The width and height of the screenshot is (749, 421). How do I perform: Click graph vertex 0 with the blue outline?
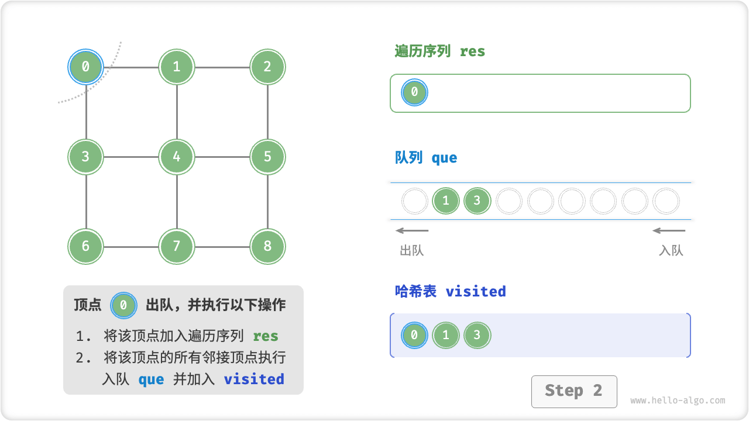pos(85,67)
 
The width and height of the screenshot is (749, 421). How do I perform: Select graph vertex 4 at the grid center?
pos(177,157)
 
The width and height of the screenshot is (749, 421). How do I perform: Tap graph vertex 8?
pos(267,246)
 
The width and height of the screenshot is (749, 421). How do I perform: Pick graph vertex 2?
pos(267,67)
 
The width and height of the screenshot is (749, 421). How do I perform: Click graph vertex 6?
pos(85,246)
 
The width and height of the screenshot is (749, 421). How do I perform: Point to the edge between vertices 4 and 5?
pos(222,157)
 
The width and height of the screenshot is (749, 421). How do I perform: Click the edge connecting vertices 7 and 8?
pos(222,246)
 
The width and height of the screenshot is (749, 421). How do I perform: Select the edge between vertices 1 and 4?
pos(177,112)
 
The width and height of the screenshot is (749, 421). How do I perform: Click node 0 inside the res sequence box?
pos(414,92)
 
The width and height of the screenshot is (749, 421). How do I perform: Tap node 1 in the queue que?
pos(446,201)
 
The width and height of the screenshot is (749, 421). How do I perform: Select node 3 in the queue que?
pos(477,201)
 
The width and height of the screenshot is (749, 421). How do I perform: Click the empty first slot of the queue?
pos(415,201)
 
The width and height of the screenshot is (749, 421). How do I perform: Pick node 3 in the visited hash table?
pos(477,336)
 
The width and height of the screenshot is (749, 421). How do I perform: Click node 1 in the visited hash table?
pos(446,336)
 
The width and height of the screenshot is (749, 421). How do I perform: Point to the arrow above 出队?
pos(412,230)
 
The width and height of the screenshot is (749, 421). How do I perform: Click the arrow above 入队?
pos(669,230)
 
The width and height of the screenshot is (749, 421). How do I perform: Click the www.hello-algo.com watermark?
pos(678,401)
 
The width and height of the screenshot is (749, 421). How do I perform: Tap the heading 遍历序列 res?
pos(440,51)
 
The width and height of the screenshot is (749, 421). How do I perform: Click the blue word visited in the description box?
pos(254,379)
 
